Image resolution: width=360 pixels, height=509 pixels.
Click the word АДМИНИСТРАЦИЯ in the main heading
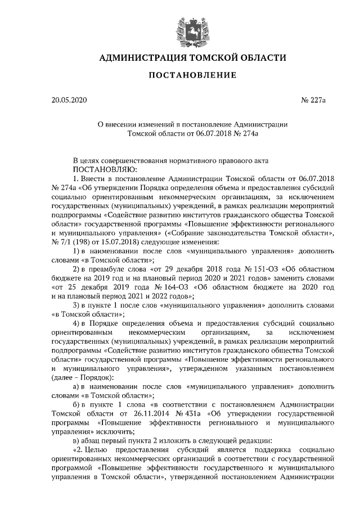(x=141, y=58)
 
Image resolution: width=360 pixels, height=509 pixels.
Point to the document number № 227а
(x=314, y=101)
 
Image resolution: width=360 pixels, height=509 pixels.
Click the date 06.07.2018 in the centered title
(x=213, y=134)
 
